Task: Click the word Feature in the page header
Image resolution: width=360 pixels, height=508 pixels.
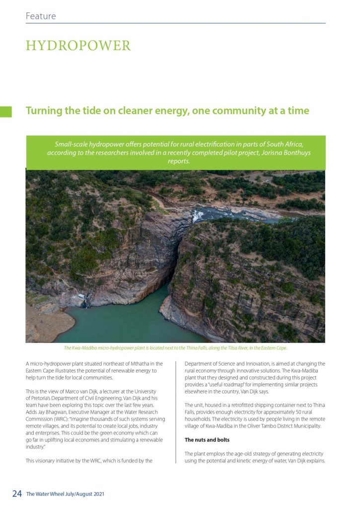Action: [41, 16]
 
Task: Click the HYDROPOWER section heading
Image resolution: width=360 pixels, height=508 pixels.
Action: [78, 46]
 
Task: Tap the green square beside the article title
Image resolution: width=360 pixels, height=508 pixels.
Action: [6, 111]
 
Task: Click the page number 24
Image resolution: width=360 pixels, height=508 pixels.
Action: [17, 494]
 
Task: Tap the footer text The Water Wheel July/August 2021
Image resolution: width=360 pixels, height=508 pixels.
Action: [65, 494]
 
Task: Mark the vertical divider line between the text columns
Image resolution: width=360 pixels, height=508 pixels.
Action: [176, 412]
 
